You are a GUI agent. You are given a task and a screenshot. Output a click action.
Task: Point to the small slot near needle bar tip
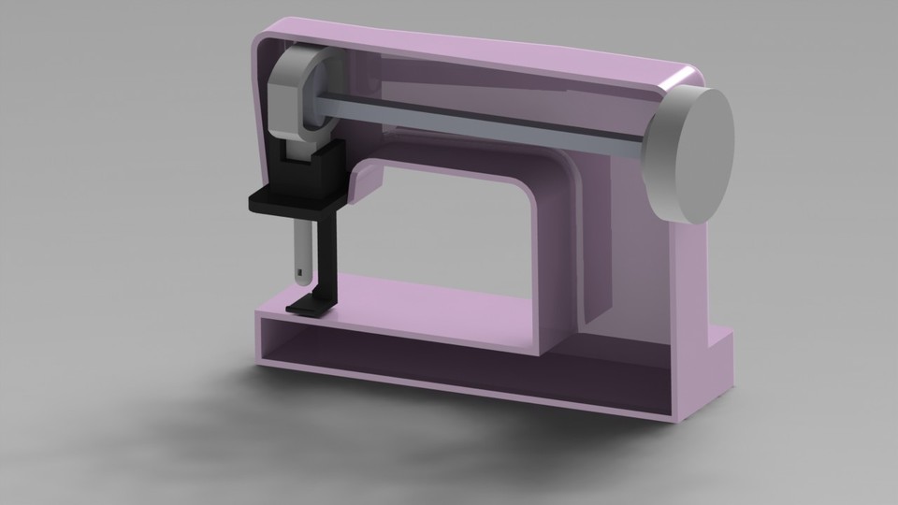point(298,273)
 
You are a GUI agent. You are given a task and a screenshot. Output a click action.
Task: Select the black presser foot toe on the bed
point(304,306)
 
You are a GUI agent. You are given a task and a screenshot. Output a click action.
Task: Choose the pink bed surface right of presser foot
point(421,299)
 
